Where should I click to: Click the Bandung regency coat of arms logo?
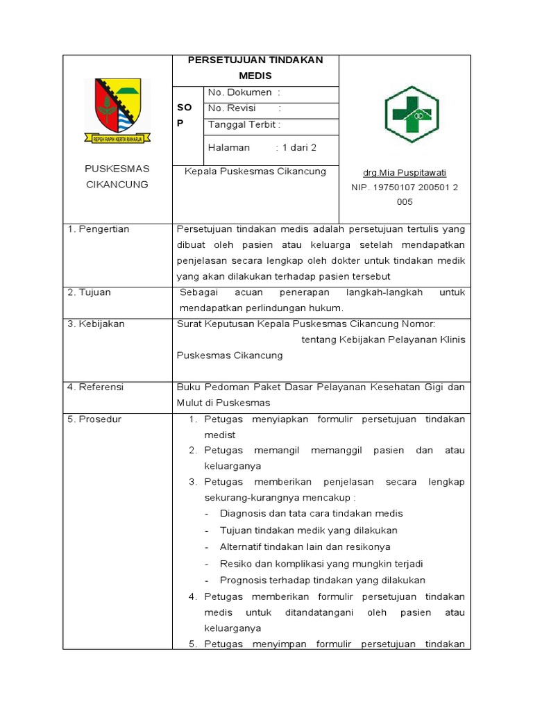tap(117, 110)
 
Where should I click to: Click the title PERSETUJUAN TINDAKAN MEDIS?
tap(255, 68)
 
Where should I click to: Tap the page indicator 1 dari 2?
tap(296, 148)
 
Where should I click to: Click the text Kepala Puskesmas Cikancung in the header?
tap(255, 172)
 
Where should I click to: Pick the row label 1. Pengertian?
tap(99, 229)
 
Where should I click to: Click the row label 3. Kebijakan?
tap(96, 324)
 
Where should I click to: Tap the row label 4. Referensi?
tap(95, 387)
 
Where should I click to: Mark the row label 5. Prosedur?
tap(94, 419)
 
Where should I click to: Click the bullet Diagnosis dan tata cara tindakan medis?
tap(311, 514)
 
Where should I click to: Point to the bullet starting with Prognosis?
tap(322, 580)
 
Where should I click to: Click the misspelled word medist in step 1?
tap(220, 435)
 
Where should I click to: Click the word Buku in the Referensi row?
tap(188, 387)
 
